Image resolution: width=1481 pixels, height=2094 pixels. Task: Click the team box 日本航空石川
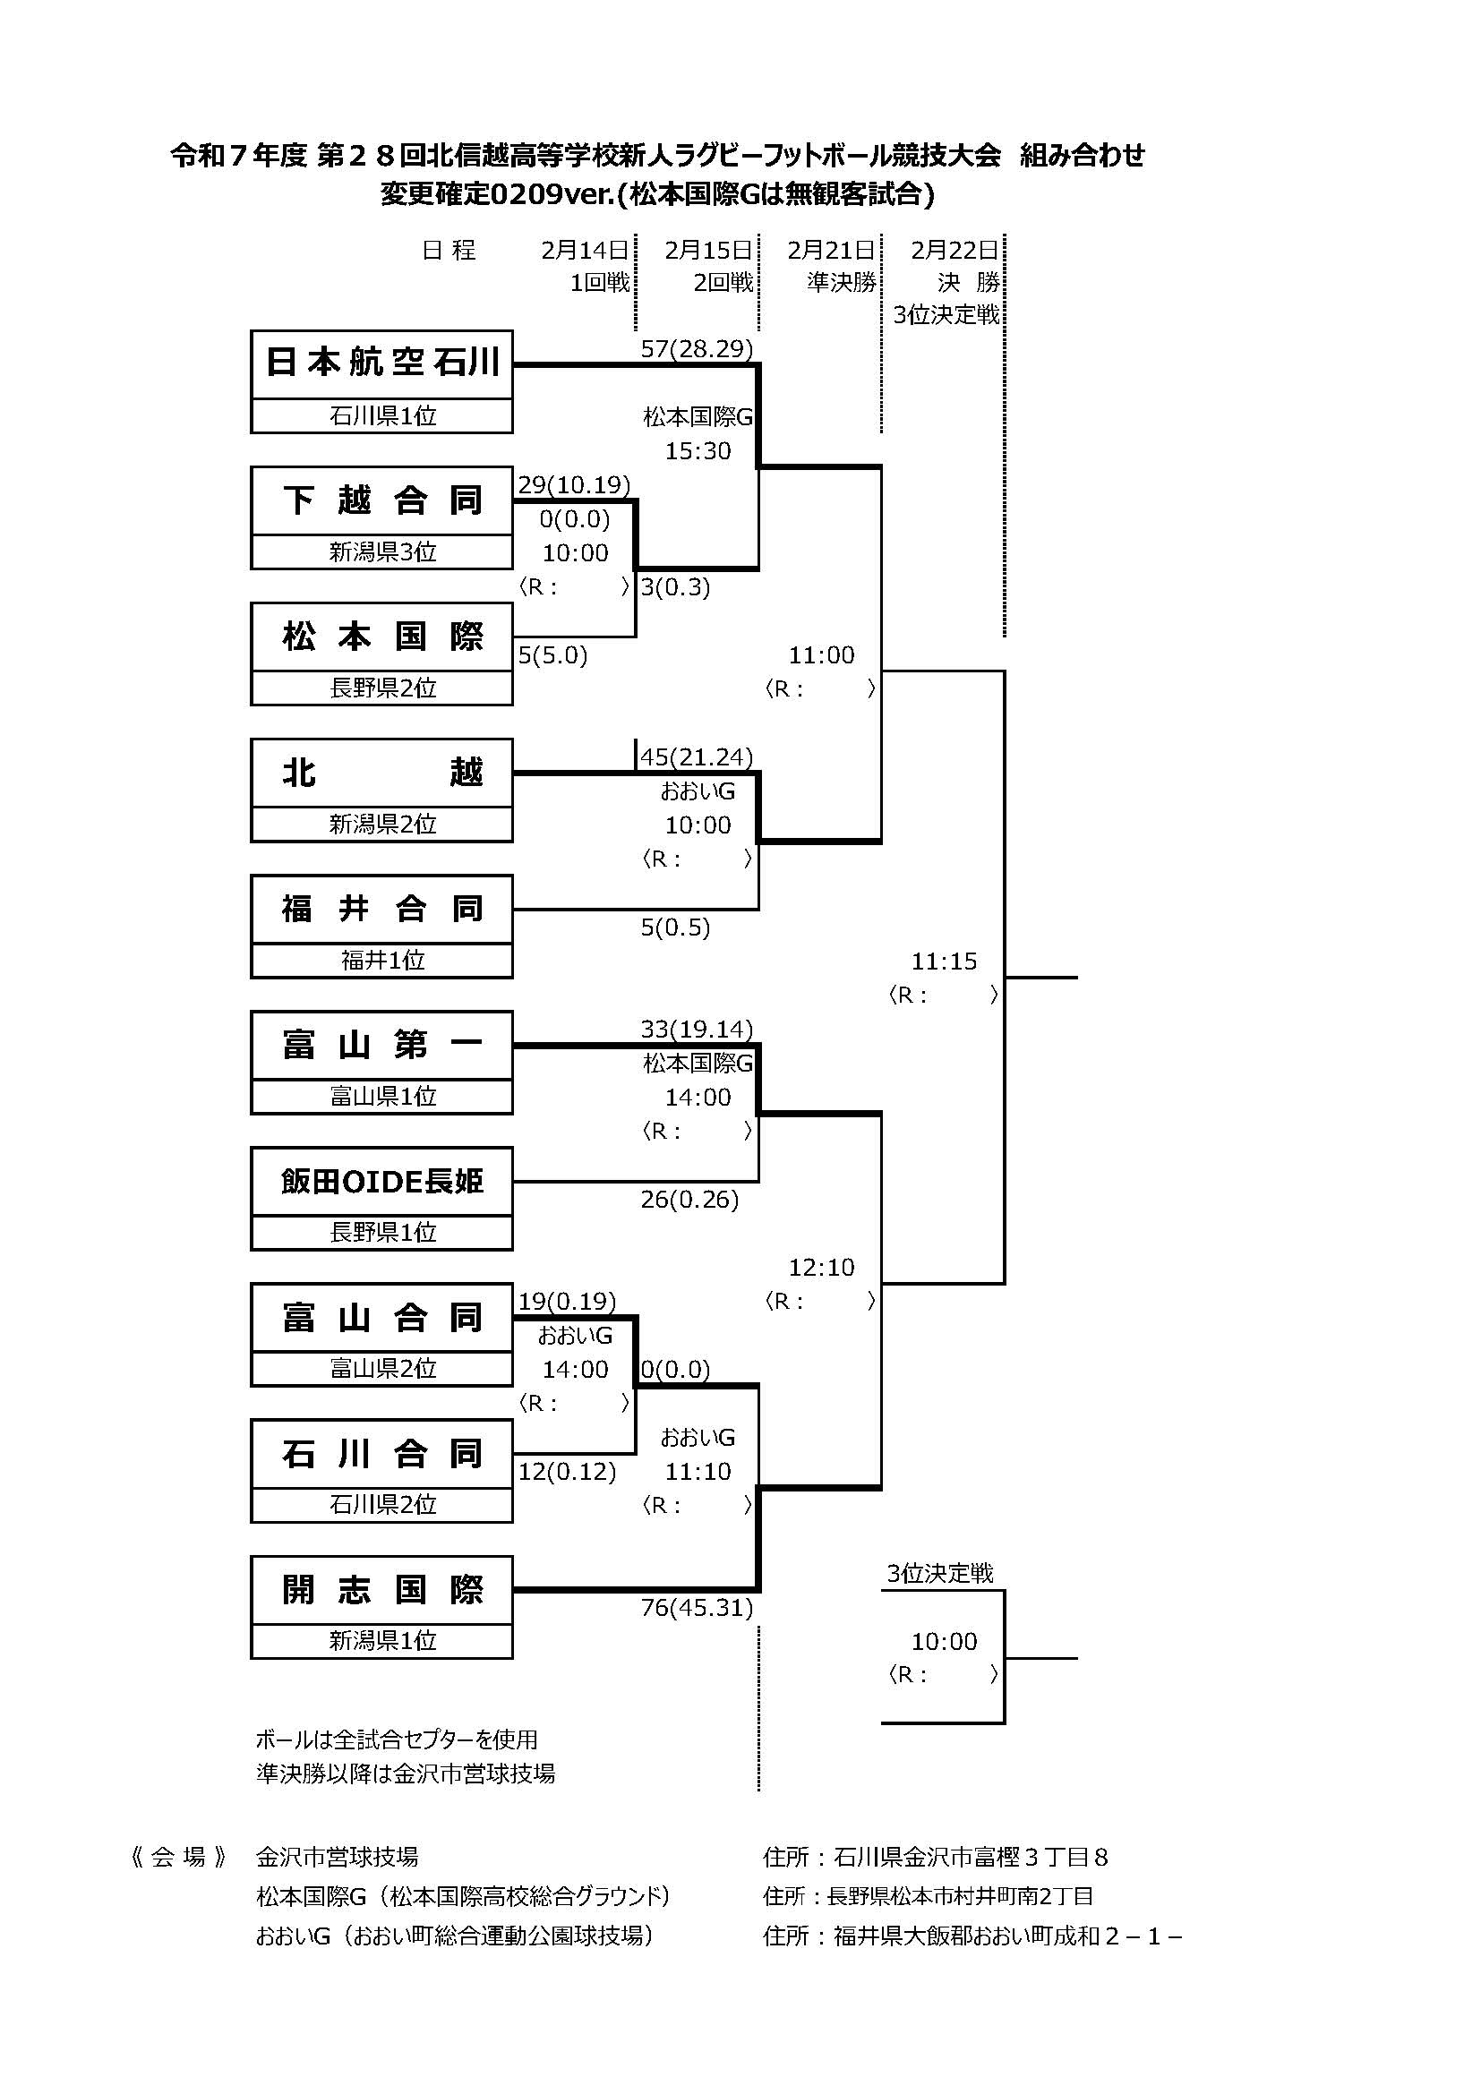click(381, 363)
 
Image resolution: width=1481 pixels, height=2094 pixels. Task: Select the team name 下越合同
click(381, 500)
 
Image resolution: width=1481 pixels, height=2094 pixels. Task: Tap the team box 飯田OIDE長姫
click(381, 1181)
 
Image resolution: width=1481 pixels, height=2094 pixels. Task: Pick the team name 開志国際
click(381, 1590)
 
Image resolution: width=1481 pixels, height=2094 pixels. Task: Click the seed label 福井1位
click(382, 960)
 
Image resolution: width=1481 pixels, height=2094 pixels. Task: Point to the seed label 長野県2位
click(382, 688)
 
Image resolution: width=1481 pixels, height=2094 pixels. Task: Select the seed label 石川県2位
click(382, 1504)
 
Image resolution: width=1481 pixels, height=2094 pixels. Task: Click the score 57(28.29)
click(697, 349)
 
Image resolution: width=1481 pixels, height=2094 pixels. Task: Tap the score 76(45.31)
click(697, 1607)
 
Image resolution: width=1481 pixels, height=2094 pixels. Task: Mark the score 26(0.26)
click(689, 1200)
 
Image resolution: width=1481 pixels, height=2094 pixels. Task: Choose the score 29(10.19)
click(574, 484)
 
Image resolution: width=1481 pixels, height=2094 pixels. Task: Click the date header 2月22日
click(954, 250)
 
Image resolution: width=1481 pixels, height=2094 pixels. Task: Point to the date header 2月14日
click(585, 250)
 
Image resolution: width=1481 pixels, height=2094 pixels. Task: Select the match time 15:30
click(698, 450)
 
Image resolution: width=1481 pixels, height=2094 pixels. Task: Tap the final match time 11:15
click(944, 961)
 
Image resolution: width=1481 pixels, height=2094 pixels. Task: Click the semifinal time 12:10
click(822, 1267)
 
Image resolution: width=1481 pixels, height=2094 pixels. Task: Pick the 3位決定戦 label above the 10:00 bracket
click(939, 1572)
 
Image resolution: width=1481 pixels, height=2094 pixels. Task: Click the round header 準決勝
click(841, 283)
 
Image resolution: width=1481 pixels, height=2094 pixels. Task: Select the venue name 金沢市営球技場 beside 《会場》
click(337, 1856)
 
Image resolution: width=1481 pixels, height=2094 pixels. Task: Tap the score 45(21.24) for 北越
click(697, 757)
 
